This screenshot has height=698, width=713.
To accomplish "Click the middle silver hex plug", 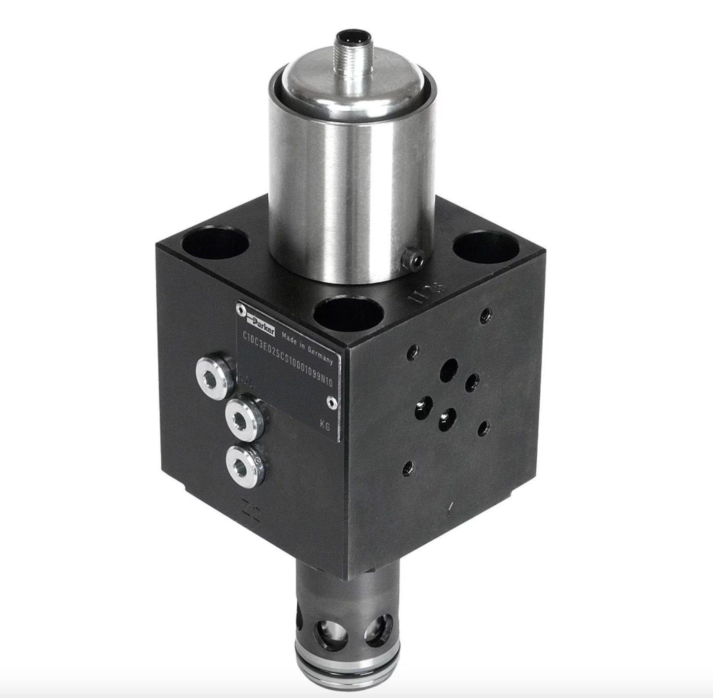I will (x=243, y=417).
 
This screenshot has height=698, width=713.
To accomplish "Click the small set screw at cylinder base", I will (x=412, y=258).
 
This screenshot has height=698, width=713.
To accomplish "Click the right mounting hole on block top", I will (x=485, y=248).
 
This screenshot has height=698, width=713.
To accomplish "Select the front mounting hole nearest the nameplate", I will (x=348, y=314).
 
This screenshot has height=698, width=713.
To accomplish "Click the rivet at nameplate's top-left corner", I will (x=241, y=309).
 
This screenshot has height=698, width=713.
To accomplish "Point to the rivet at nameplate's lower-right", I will (x=332, y=403).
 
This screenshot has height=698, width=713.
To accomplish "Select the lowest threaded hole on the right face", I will (x=408, y=466).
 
